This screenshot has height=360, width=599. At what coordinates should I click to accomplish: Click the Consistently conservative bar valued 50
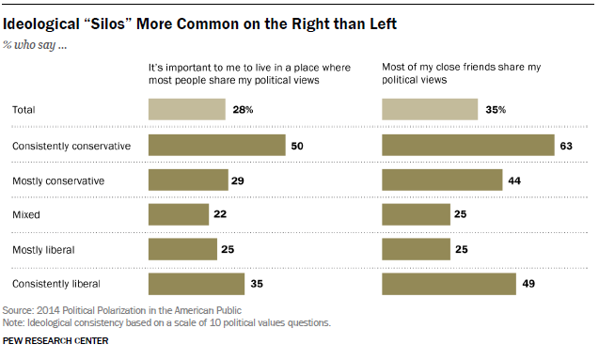click(217, 145)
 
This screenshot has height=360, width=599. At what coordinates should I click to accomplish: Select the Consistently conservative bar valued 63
click(468, 145)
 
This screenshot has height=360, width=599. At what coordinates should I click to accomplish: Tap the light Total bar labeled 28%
click(187, 110)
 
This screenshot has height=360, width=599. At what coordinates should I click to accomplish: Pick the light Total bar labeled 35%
click(430, 110)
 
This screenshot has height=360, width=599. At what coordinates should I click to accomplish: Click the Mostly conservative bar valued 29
click(188, 180)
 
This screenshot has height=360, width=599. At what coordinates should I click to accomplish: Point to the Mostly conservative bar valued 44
click(442, 180)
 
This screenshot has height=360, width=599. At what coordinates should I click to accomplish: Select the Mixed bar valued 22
click(179, 214)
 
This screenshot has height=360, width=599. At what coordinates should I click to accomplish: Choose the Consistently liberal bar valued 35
click(197, 284)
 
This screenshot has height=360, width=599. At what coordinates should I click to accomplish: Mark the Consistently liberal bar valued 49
click(449, 284)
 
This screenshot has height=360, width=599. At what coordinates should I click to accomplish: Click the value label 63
click(566, 146)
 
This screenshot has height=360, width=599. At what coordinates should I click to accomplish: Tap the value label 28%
click(243, 110)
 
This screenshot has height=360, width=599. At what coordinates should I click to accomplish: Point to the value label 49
click(528, 284)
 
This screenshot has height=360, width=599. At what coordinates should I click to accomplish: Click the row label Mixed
click(26, 214)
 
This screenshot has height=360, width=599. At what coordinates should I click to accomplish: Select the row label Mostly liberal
click(43, 250)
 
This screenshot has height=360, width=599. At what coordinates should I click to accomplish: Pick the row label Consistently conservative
click(71, 146)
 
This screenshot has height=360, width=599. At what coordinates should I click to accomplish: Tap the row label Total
click(24, 110)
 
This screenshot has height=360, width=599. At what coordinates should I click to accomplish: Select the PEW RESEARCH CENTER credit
click(55, 340)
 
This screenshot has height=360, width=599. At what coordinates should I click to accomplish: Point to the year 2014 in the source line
click(48, 310)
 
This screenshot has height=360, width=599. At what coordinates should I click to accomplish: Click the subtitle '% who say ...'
click(35, 45)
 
